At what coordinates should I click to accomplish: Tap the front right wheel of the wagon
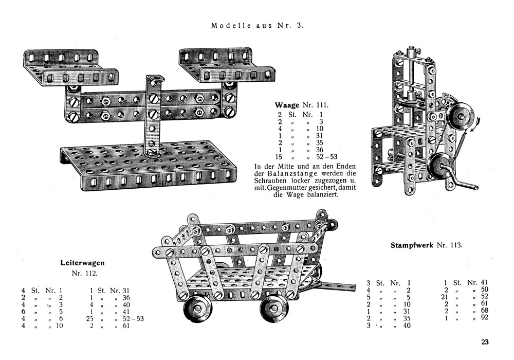(275, 308)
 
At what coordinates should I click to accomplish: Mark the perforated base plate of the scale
(149, 165)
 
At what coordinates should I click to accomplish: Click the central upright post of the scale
(153, 113)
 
